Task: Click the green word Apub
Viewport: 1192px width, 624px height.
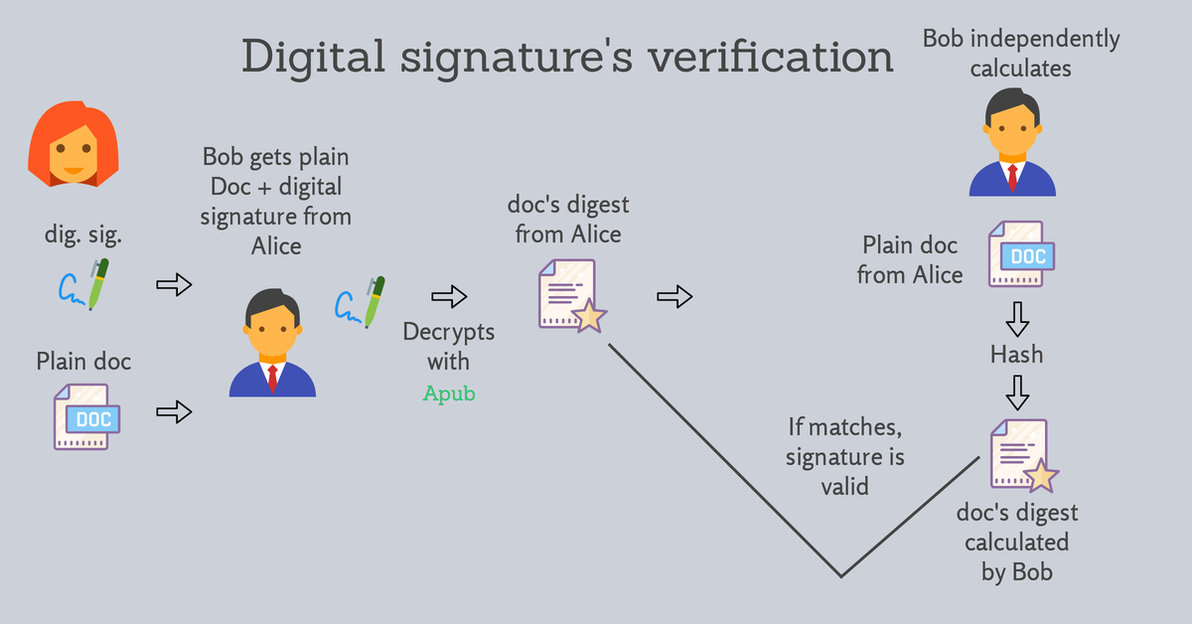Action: pos(449,393)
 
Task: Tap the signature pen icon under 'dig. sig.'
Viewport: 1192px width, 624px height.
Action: pos(83,284)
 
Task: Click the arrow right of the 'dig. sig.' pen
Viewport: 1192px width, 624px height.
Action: pos(174,286)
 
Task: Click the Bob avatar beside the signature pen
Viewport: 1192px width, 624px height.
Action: pos(271,343)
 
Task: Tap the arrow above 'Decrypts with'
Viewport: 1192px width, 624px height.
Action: pos(449,296)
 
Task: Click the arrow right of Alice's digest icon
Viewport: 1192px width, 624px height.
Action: pos(674,295)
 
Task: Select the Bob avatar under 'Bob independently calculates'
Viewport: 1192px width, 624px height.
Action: pos(1011,142)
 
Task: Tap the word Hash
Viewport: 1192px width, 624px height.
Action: pos(1016,354)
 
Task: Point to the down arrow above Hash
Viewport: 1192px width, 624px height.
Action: pos(1016,318)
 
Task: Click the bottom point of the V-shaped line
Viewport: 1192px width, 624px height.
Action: pos(840,575)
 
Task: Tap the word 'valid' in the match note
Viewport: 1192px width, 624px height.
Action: pos(844,487)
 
